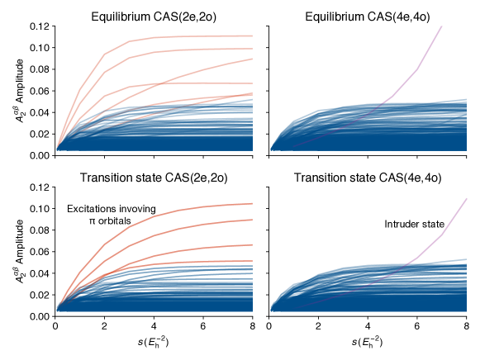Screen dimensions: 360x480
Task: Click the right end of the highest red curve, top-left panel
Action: pos(252,36)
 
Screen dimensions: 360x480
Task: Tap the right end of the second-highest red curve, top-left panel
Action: pos(252,49)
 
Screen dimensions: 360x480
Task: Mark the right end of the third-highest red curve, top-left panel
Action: pos(252,59)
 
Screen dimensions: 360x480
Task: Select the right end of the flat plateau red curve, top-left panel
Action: pos(252,83)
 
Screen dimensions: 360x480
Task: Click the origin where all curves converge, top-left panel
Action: pos(56,149)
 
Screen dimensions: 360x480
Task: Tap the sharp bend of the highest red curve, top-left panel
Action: pos(105,54)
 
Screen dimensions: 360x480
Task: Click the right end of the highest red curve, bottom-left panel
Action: pos(252,203)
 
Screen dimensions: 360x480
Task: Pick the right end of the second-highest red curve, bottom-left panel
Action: pos(252,220)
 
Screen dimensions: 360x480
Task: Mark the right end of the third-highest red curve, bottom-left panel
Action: pos(252,244)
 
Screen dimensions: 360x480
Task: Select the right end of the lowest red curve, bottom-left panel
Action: pos(252,262)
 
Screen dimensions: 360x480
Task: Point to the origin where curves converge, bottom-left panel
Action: pos(56,310)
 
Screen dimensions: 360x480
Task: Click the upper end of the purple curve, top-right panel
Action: pos(442,26)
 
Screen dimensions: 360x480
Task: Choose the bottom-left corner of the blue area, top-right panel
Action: pos(271,150)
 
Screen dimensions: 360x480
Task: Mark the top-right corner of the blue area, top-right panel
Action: pos(466,100)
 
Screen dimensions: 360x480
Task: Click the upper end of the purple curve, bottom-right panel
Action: pos(467,198)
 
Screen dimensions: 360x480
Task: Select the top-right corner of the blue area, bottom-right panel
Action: pos(466,259)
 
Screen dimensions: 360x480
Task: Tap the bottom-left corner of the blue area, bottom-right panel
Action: pos(271,311)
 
